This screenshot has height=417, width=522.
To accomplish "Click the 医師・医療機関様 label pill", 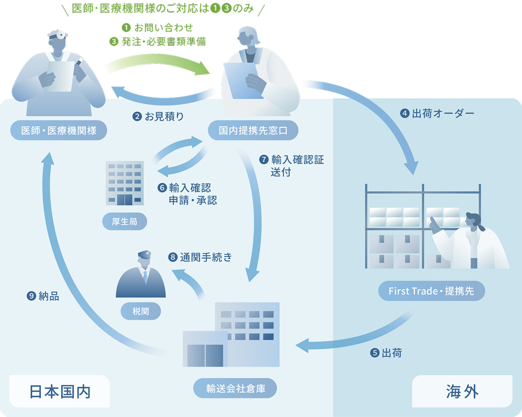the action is (59, 130).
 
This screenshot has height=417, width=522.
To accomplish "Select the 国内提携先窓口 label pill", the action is (253, 130).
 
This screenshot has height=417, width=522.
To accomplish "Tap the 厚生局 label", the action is (124, 221).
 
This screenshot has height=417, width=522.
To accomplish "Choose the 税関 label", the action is (140, 311).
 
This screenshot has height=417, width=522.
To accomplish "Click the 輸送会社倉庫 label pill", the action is (235, 388).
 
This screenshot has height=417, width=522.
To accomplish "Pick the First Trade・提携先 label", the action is (431, 291).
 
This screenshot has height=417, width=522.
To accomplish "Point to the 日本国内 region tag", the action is (59, 391).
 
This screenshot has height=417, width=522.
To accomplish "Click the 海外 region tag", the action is (462, 391).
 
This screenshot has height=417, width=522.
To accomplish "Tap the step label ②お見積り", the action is (158, 117).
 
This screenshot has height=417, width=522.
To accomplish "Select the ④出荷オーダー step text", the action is (437, 114).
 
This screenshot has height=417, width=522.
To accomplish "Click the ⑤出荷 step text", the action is (386, 353).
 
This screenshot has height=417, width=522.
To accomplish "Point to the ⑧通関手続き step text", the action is (200, 257).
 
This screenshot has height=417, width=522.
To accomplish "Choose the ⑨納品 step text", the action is (43, 296).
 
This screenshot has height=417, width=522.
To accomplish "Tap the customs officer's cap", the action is (145, 255).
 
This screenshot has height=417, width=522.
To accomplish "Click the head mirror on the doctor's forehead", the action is (61, 35).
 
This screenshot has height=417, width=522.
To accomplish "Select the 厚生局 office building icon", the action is (125, 183).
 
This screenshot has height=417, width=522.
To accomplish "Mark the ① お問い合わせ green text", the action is (157, 28).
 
